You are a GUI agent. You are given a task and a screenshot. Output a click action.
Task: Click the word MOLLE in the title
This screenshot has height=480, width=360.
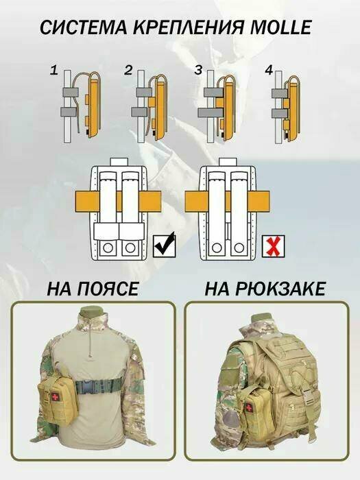tap(280, 27)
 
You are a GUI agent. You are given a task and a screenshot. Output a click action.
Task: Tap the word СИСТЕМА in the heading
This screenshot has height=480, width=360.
tap(83, 27)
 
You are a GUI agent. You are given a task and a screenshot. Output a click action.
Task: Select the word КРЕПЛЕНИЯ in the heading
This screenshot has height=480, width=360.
tap(189, 27)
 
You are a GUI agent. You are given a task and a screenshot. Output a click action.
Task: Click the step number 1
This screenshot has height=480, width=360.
tap(54, 71)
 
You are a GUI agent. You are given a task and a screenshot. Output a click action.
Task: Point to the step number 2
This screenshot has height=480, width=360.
tap(128, 70)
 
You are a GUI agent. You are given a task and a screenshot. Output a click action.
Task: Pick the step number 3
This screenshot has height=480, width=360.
tap(199, 70)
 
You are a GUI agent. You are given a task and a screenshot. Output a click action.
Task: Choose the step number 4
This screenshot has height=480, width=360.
tap(269, 70)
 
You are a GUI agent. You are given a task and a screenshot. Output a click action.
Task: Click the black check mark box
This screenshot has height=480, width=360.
tap(165, 245)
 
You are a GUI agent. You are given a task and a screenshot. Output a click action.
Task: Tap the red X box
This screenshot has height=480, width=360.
tap(274, 245)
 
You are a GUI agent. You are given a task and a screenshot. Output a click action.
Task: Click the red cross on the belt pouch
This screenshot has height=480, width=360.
tap(55, 396)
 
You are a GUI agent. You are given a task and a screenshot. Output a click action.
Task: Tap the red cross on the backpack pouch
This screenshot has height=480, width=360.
tap(250, 407)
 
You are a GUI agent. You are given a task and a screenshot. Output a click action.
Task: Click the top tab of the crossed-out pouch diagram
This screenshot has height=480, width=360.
tap(227, 162)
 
